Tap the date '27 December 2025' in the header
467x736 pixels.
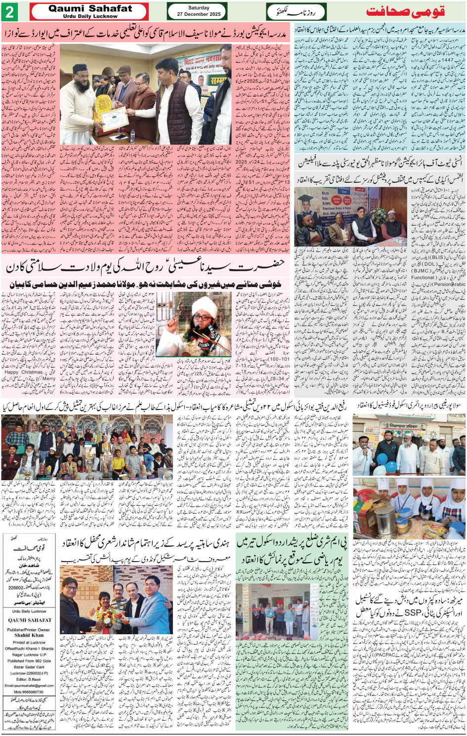pos(199,14)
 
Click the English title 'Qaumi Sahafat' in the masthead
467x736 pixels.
pos(90,8)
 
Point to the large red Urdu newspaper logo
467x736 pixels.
pos(406,11)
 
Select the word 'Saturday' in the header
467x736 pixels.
pos(199,8)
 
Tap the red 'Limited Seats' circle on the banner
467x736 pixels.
pos(336,198)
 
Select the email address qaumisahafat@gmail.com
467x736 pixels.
pos(30,685)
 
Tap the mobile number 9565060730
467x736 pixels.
pos(30,692)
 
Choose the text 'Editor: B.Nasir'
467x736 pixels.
pos(30,679)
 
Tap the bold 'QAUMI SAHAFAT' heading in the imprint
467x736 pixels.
pos(30,620)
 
